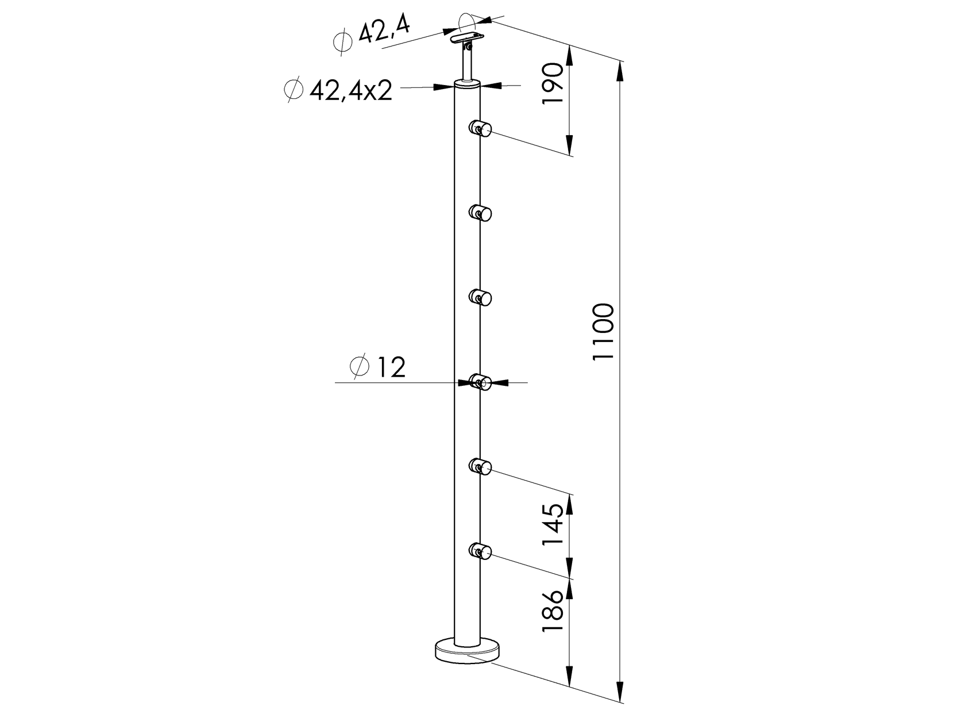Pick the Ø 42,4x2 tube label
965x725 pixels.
(338, 90)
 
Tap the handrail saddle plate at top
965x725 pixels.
(466, 38)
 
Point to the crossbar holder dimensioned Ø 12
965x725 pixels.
(480, 382)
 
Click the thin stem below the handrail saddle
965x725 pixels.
(466, 63)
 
